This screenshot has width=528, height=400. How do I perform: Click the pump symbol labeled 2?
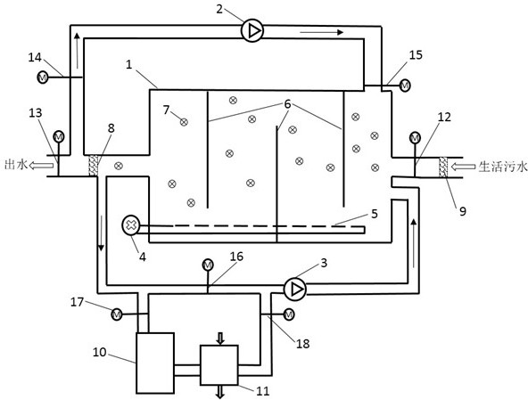tap(252, 31)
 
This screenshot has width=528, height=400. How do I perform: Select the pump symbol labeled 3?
tap(295, 289)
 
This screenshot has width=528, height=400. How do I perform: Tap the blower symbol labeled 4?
tap(130, 225)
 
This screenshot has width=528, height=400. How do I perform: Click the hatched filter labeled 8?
tap(94, 165)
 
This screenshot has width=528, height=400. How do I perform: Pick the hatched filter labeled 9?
tap(444, 167)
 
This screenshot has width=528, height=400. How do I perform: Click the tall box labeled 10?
tap(155, 363)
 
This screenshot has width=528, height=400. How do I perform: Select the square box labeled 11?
tap(219, 365)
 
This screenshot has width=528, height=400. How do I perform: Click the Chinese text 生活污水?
tap(503, 167)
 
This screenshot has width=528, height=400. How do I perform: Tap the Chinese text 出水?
tap(15, 165)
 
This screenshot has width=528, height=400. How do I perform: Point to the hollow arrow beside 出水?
tap(41, 165)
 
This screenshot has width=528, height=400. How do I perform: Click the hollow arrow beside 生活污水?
tap(464, 167)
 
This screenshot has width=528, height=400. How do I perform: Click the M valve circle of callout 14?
tap(43, 78)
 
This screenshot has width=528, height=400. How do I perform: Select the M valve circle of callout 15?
tap(404, 86)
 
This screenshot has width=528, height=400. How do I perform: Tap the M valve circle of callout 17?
tap(117, 314)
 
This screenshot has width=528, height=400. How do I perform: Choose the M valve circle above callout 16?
tap(208, 265)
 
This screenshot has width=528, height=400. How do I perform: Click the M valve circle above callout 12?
tap(415, 138)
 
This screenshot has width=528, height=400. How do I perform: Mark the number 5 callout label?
tap(374, 214)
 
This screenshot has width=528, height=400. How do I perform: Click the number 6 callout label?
tap(287, 104)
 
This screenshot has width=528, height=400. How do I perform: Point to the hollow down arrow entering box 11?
tap(220, 339)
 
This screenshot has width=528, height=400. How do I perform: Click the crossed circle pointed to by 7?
tap(184, 122)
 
